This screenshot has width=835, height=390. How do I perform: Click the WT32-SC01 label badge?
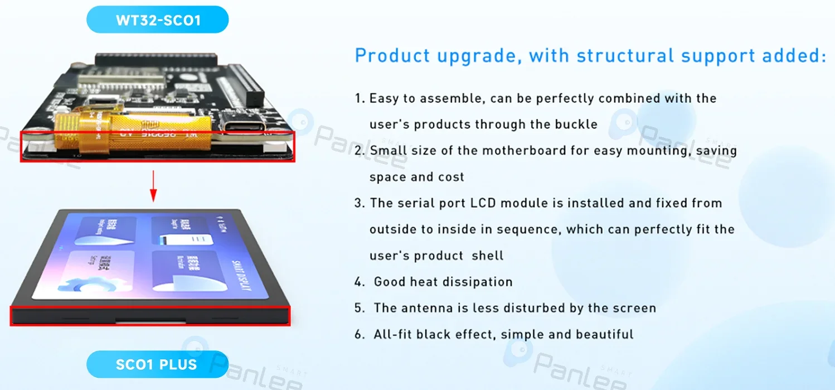[158, 20]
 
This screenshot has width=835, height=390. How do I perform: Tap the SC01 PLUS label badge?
[157, 365]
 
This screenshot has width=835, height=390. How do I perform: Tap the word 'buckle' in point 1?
[576, 124]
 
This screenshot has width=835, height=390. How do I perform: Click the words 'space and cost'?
[416, 177]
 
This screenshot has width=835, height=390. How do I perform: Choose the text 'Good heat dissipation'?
[443, 282]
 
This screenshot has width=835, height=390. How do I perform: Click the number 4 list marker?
[359, 282]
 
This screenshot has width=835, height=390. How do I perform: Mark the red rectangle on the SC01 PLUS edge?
[151, 316]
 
